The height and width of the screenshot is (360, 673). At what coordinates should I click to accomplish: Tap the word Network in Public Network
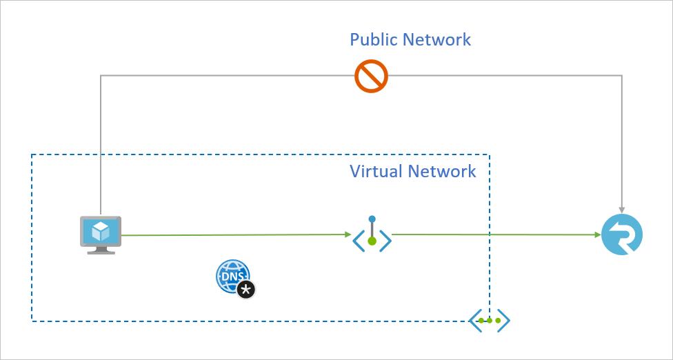(x=439, y=39)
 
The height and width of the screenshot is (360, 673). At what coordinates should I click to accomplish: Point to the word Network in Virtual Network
(x=443, y=171)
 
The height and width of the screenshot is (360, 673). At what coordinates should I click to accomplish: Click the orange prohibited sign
(x=372, y=76)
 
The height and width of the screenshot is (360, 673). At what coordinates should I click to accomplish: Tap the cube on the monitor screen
(x=101, y=230)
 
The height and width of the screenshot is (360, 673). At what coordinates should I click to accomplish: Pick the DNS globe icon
(x=232, y=276)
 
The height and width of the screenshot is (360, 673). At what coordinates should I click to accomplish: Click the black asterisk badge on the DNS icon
(x=246, y=290)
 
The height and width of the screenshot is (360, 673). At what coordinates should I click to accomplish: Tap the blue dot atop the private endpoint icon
(x=372, y=219)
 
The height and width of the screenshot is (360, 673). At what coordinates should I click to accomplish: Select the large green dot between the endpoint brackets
(x=372, y=241)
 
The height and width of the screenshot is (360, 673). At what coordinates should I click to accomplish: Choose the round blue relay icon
(x=622, y=235)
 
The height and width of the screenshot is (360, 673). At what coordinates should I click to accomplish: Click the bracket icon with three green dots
(x=490, y=321)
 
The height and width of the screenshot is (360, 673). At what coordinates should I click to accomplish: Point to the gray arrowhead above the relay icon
(x=622, y=209)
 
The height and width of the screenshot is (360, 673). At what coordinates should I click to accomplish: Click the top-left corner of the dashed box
(x=32, y=155)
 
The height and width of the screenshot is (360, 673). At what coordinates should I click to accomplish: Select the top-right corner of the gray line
(x=622, y=76)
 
